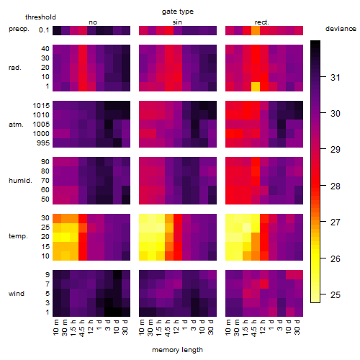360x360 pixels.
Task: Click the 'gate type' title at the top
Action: (178, 12)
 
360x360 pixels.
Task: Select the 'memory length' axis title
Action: (177, 350)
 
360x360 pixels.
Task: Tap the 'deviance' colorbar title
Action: (341, 29)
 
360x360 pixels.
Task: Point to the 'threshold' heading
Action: (40, 17)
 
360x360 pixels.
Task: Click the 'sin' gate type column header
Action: (177, 22)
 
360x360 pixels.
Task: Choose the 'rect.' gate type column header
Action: (262, 22)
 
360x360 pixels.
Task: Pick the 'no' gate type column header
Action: (93, 22)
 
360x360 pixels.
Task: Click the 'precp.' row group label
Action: (19, 29)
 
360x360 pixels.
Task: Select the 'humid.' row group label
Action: (20, 181)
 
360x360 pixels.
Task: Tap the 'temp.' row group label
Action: (18, 236)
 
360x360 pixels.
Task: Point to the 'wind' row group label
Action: (17, 294)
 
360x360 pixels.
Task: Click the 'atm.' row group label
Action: (16, 125)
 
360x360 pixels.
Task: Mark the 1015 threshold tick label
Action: (41, 106)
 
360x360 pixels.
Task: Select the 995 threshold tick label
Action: (43, 143)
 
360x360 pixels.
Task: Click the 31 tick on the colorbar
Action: (336, 77)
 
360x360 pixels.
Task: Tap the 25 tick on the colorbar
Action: (336, 294)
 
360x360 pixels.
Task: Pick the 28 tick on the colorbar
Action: (336, 186)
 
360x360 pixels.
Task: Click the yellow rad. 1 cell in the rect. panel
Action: (256, 86)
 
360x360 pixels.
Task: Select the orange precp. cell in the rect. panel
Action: (256, 30)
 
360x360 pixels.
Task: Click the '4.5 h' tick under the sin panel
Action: (168, 328)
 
